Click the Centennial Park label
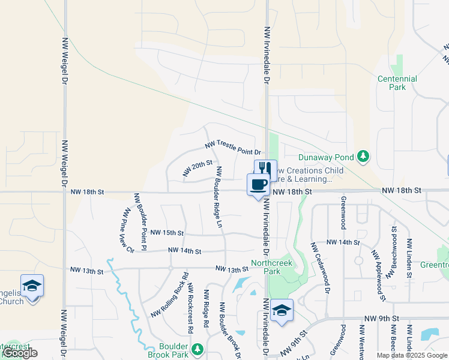397,83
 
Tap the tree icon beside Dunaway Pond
363,157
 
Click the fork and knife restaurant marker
266,170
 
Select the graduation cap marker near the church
32,286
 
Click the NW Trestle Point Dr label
233,148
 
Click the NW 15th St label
166,232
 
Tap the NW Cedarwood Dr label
321,268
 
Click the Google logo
20,353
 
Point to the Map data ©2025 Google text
412,355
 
